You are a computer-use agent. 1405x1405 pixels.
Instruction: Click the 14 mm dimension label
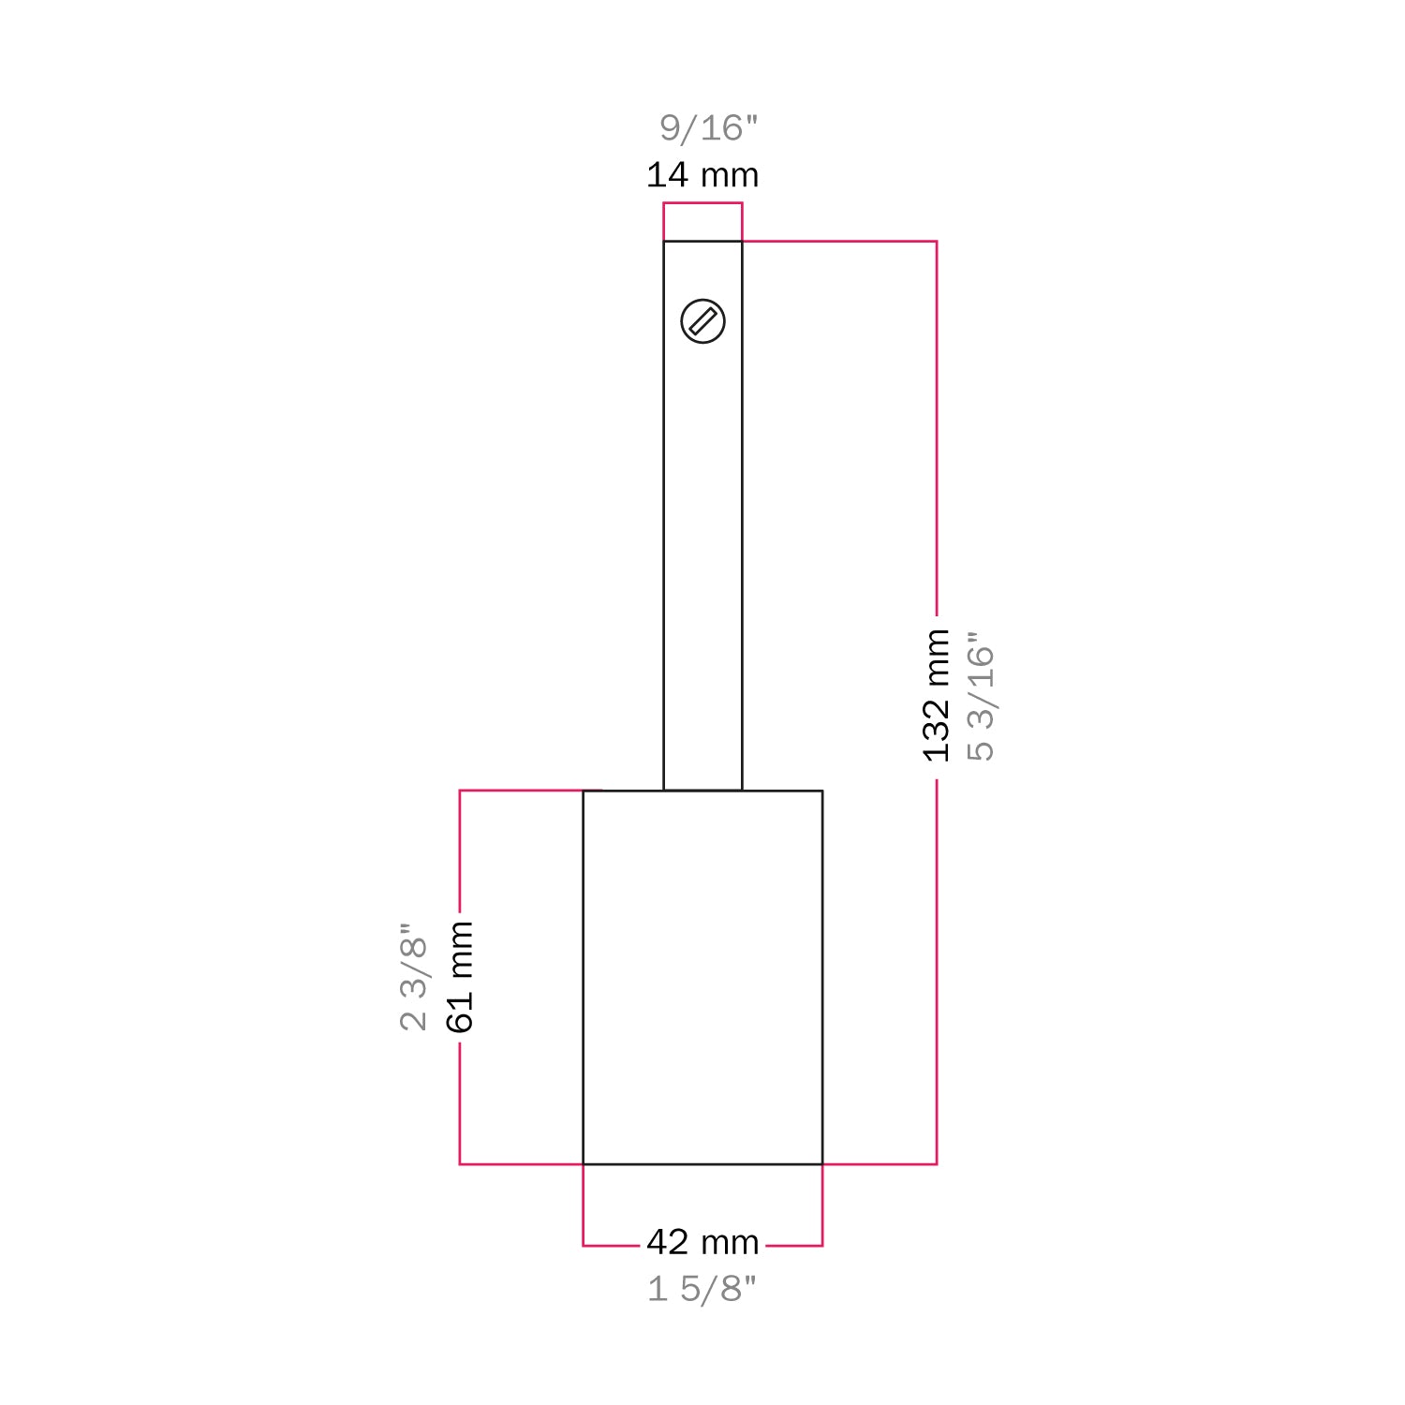click(x=702, y=175)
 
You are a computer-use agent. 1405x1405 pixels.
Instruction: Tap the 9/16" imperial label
click(x=708, y=128)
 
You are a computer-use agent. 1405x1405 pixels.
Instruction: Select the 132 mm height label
click(x=937, y=695)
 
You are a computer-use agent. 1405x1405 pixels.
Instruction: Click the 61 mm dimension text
click(x=460, y=976)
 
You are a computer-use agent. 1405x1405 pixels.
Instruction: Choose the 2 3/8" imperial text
click(x=413, y=976)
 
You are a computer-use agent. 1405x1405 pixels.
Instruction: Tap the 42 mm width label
click(x=702, y=1242)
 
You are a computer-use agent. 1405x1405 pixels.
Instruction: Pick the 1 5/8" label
click(x=702, y=1289)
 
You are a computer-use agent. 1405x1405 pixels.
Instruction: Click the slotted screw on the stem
click(x=702, y=321)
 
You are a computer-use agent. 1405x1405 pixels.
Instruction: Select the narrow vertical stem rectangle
click(x=702, y=562)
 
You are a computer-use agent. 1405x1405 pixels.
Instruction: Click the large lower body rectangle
click(x=702, y=977)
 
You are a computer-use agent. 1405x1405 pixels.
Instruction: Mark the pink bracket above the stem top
click(x=702, y=203)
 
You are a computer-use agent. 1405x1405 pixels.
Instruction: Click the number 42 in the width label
click(x=668, y=1242)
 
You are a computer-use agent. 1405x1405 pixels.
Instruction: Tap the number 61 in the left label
click(x=460, y=1013)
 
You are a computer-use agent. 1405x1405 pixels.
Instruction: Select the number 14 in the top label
click(x=667, y=175)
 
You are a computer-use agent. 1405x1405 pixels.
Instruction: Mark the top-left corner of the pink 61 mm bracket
click(x=460, y=791)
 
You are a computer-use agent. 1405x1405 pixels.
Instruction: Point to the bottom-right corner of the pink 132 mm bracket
click(x=937, y=1164)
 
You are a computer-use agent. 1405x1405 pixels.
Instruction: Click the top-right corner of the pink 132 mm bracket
click(x=937, y=242)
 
